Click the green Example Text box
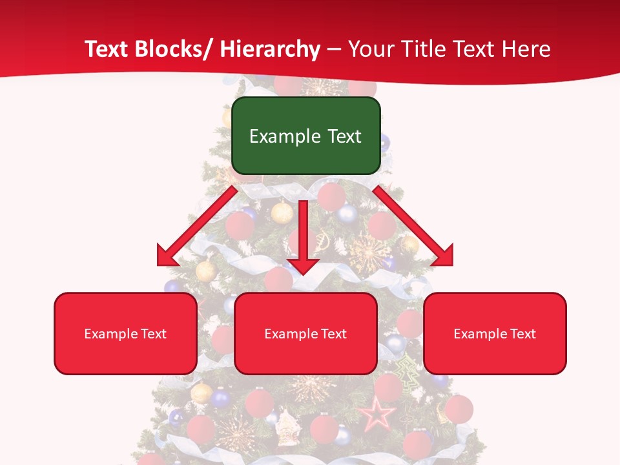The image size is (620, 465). coord(305,136)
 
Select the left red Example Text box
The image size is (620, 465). coord(125,333)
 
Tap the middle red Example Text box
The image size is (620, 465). coord(305,333)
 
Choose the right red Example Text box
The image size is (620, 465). coord(495,333)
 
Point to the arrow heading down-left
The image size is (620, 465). coord(197,226)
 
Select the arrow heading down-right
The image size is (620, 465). coord(413,226)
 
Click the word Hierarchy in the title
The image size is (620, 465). coord(270,49)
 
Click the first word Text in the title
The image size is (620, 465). coord(106,49)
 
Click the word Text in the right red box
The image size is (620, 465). coord(522,333)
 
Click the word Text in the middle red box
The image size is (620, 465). coord(333,333)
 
